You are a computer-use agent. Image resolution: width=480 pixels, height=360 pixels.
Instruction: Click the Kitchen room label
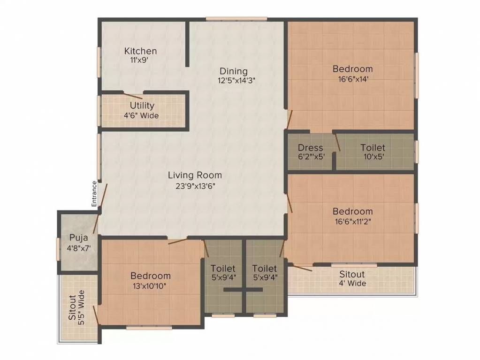pos(140,51)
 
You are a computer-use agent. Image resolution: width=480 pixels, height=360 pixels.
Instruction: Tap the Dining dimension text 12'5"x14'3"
pos(233,80)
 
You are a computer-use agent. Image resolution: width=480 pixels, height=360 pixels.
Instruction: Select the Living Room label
pos(195,175)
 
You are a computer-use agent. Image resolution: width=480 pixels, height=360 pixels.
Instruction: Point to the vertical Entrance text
pos(94,194)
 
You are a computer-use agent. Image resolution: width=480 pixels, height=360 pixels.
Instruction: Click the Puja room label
pos(79,237)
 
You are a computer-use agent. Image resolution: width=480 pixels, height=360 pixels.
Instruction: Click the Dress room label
pos(310,148)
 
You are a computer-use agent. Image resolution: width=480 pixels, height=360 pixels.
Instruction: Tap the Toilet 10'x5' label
pos(373,152)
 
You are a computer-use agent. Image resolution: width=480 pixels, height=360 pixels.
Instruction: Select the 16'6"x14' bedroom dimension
pos(352,79)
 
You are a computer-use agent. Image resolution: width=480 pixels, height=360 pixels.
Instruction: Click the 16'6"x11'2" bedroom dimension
pos(352,221)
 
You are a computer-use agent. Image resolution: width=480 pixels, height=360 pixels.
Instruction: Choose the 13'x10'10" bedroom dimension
pos(150,285)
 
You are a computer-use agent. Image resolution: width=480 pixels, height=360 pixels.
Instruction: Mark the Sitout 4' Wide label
pos(352,278)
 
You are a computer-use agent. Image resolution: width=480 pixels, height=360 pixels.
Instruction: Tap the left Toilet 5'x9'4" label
pos(223,273)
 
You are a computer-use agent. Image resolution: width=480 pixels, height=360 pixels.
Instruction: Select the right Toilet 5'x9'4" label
pos(264,273)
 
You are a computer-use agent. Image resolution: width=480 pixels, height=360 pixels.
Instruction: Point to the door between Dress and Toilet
pos(337,143)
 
